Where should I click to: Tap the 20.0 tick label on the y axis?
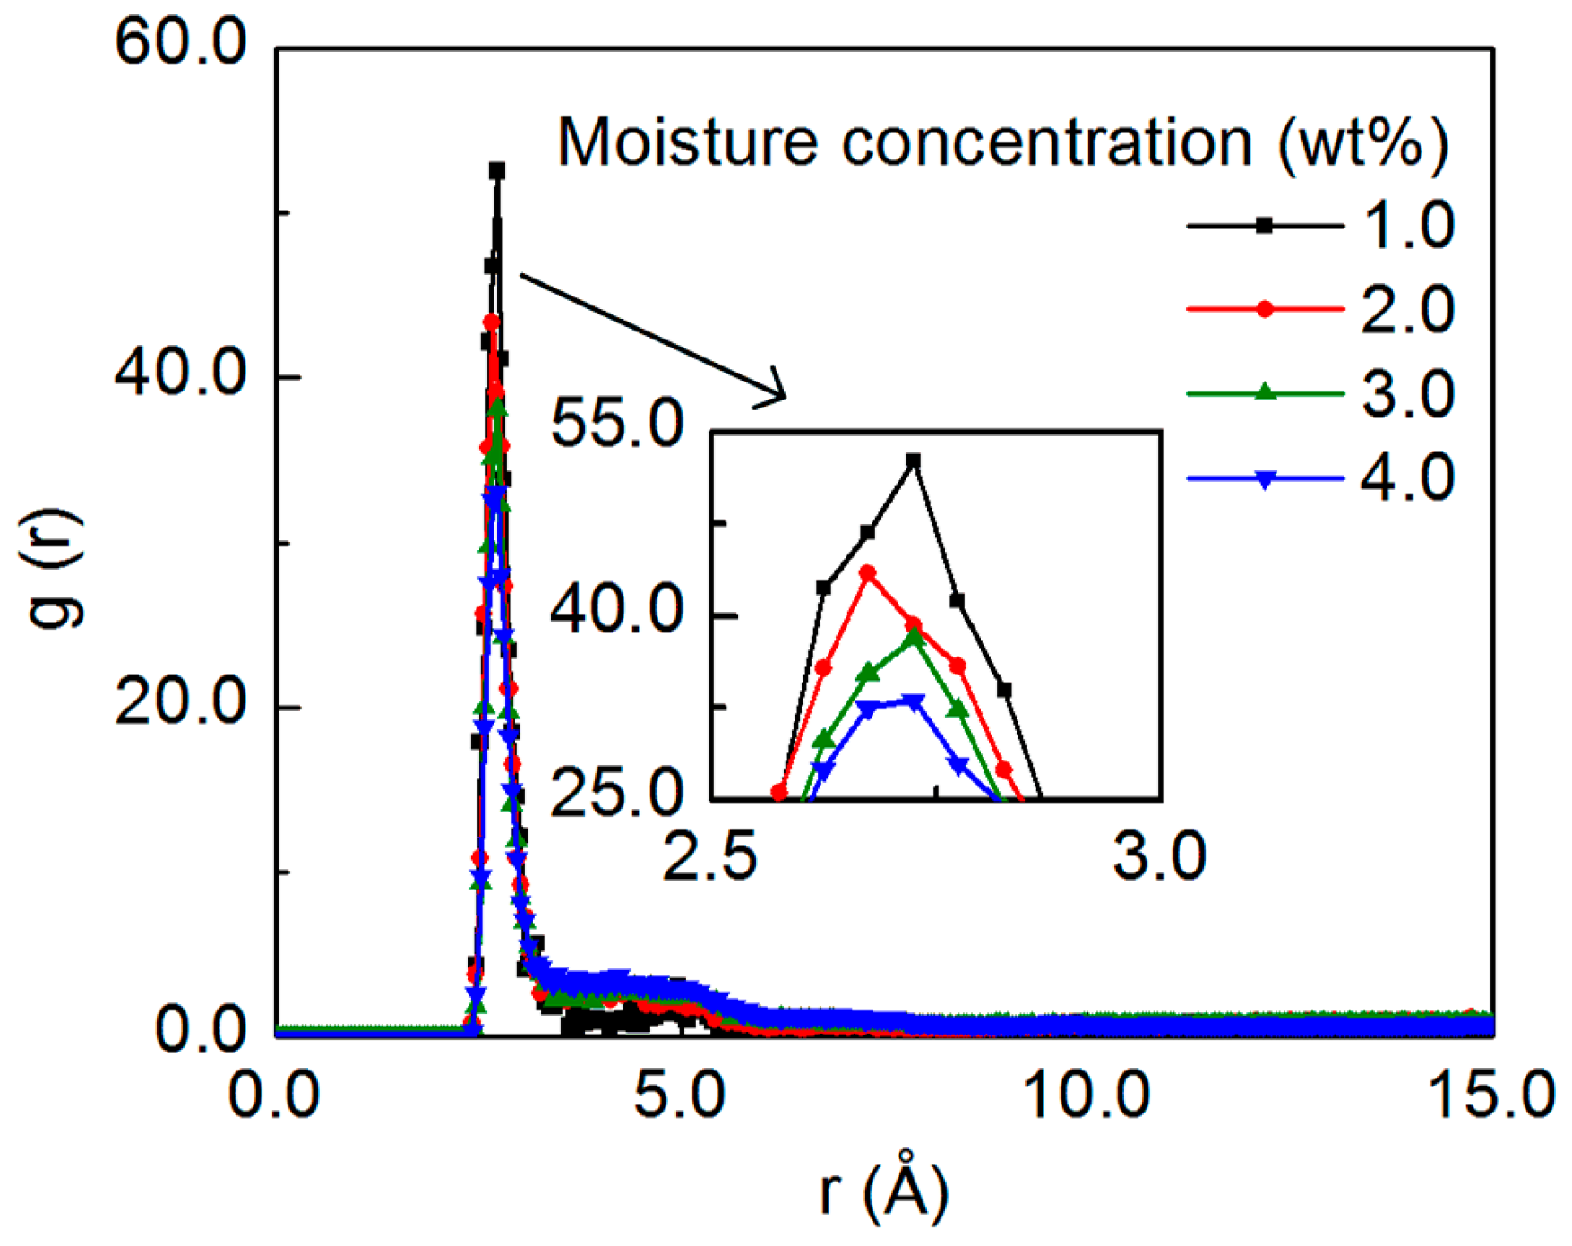(180, 704)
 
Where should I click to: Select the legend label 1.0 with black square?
(1407, 226)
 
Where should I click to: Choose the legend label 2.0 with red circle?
(1407, 310)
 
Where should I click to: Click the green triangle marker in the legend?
(1265, 391)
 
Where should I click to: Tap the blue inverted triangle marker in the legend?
(1265, 479)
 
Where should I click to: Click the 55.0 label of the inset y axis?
(616, 424)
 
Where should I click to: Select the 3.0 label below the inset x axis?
(1160, 856)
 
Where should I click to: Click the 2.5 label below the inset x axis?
(709, 856)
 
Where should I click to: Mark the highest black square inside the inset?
(913, 461)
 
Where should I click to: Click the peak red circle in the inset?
(867, 572)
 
